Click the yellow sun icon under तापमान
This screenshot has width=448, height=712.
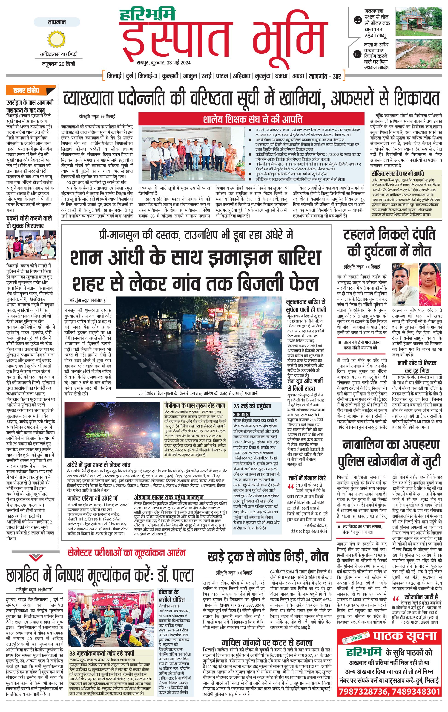pos(56,39)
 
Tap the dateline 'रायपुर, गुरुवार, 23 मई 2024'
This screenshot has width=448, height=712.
pos(163,63)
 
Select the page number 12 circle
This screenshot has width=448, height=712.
pos(357,20)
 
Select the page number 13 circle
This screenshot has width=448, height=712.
pos(357,54)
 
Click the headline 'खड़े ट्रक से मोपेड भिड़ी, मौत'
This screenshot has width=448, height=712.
pos(268,557)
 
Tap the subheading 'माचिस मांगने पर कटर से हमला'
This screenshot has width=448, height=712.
pos(267,642)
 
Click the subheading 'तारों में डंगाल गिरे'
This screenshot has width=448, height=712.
pos(307,478)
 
